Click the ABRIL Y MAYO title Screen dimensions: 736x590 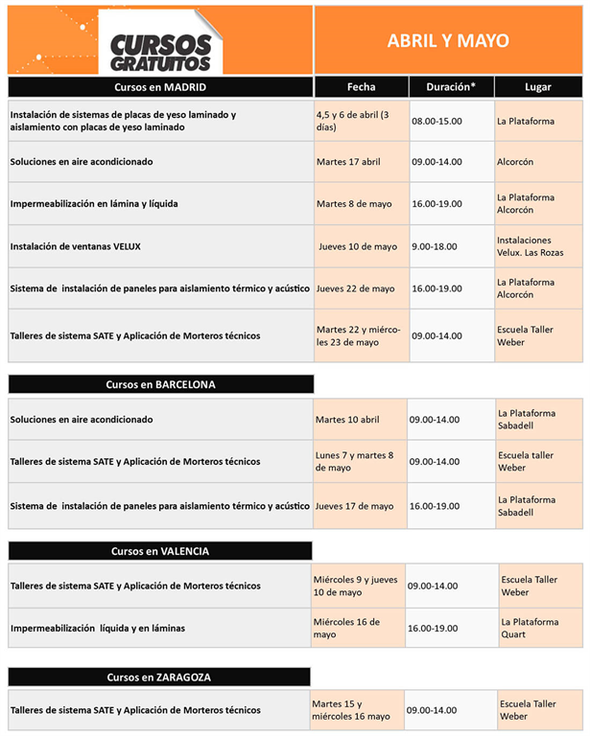(x=448, y=41)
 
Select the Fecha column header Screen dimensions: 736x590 (x=361, y=86)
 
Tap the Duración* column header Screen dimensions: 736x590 (x=450, y=86)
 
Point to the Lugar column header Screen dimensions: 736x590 (x=538, y=86)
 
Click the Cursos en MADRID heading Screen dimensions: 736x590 (x=159, y=86)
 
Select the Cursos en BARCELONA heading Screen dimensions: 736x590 (x=160, y=384)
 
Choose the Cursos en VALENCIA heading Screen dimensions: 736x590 (x=159, y=551)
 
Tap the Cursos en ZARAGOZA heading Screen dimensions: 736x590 (x=159, y=677)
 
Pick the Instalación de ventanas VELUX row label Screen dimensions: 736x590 (x=76, y=246)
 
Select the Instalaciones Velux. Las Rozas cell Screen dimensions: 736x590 (x=537, y=246)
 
